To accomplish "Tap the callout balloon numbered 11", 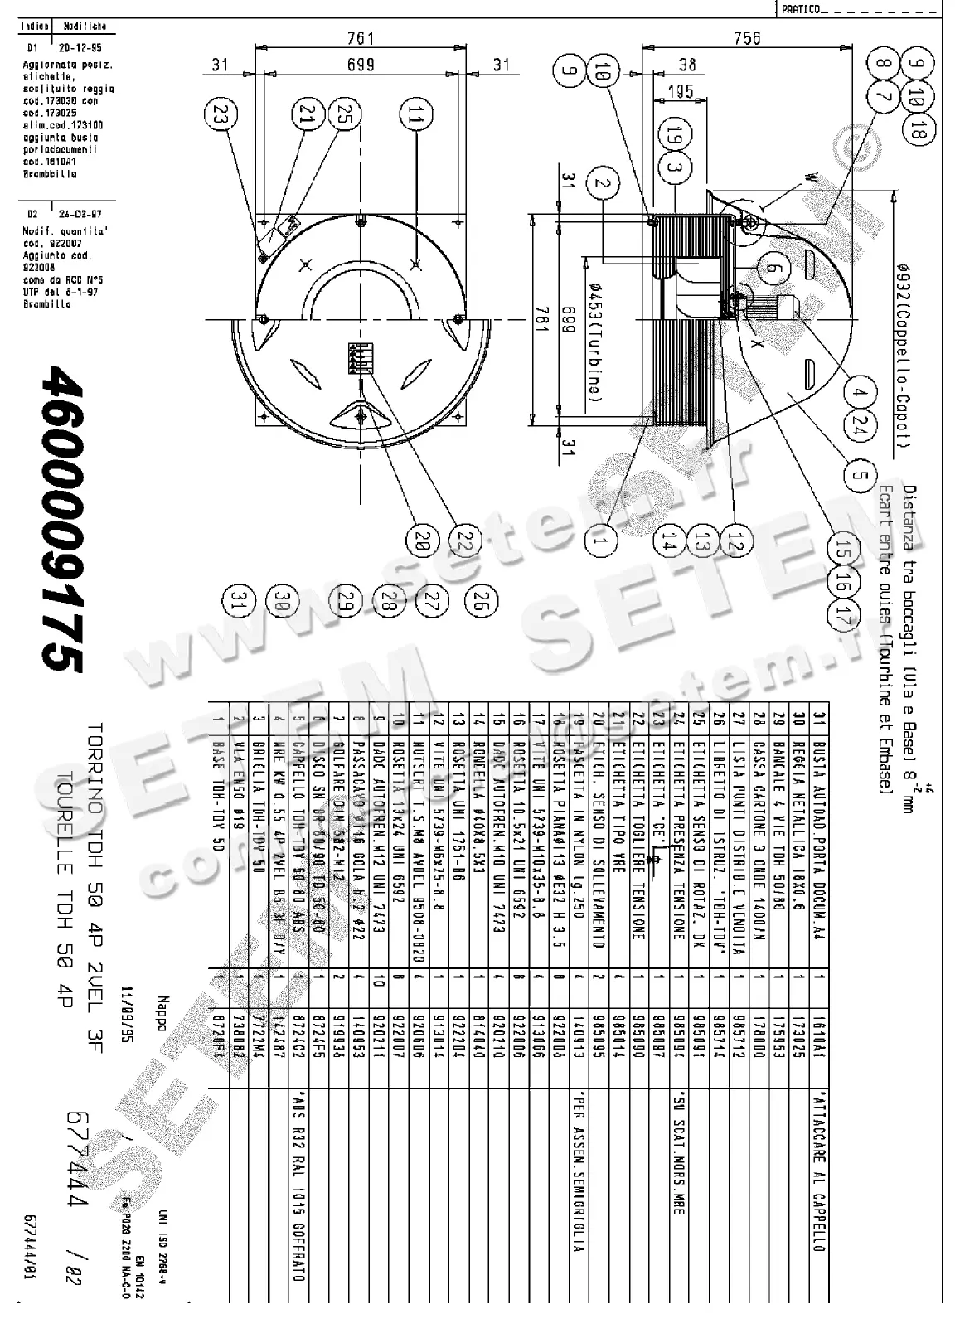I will [x=415, y=117].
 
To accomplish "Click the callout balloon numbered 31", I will [x=241, y=601].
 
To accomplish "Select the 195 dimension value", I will [x=681, y=92].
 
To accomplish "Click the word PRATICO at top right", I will [x=800, y=9].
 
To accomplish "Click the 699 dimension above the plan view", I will [x=360, y=65].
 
